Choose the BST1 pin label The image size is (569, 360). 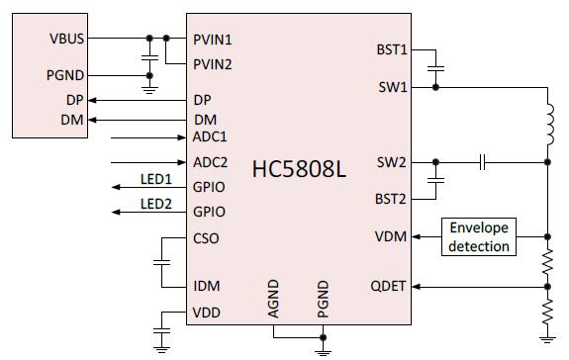(x=393, y=49)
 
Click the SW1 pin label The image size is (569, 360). (x=396, y=87)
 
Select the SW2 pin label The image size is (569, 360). (x=396, y=161)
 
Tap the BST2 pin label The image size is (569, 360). (x=393, y=199)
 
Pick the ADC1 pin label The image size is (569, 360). (x=211, y=136)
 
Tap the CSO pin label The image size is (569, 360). (x=207, y=237)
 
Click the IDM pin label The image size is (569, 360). (x=208, y=287)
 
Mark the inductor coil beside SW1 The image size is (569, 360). (x=547, y=124)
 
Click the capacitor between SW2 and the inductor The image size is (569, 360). (x=482, y=161)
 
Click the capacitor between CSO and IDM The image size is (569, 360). (x=160, y=262)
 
